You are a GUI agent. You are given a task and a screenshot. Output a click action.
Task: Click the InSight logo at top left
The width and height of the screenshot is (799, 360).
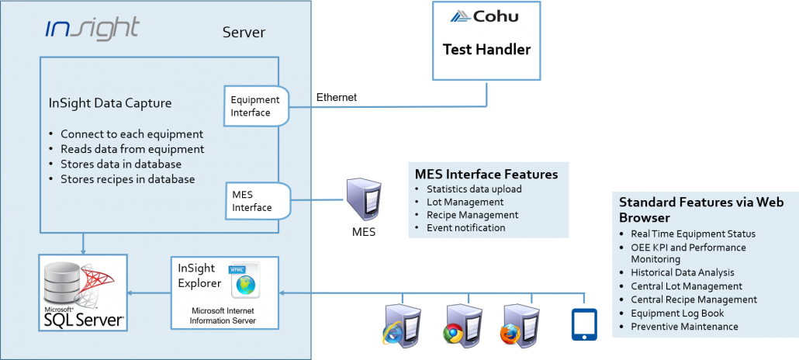(x=92, y=29)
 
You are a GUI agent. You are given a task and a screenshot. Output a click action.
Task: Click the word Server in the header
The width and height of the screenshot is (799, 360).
(x=244, y=33)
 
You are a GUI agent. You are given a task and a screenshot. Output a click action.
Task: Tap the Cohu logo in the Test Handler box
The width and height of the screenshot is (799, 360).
(x=486, y=16)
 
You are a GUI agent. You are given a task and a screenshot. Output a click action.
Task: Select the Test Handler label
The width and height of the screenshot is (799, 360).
(x=486, y=50)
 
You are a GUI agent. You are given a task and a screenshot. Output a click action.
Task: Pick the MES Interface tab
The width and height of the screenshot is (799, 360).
(x=252, y=201)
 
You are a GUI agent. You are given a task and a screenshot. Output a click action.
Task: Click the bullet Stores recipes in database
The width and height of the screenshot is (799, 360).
(x=127, y=179)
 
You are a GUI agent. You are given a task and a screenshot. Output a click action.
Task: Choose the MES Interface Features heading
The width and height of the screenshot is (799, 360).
(x=486, y=173)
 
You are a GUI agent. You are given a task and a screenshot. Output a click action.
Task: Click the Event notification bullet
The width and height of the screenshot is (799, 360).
(x=465, y=228)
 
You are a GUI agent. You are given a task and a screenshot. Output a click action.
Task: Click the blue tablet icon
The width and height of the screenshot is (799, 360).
(x=583, y=324)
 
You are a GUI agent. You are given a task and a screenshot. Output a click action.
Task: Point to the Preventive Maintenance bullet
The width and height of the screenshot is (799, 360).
(x=684, y=327)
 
